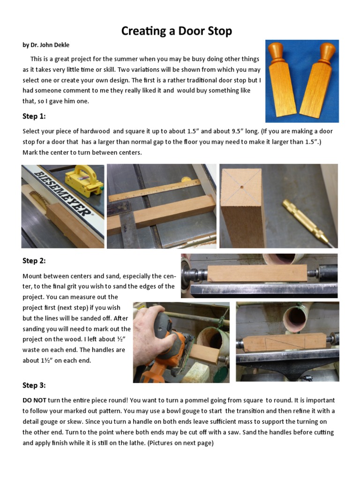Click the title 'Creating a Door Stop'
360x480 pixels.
point(176,31)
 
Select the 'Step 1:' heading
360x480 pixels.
point(34,116)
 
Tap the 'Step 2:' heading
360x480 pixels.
point(34,261)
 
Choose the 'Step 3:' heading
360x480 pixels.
point(34,385)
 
